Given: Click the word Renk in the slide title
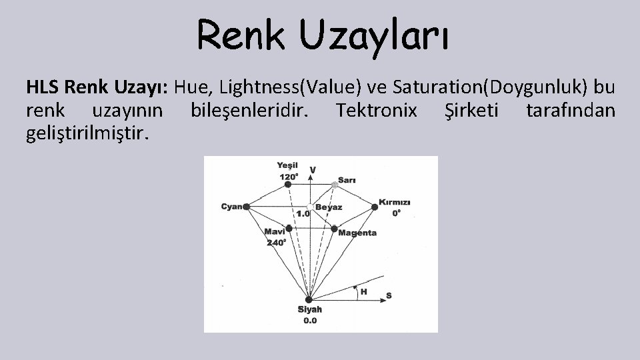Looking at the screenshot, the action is [241, 34].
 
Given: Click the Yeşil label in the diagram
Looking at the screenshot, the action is [289, 166].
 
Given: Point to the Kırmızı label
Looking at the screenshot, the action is [395, 202].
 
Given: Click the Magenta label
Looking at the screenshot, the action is [357, 233].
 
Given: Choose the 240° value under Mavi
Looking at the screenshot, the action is [276, 243].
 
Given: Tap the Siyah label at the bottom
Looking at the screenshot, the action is [310, 310].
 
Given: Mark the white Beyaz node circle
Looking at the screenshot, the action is [311, 207].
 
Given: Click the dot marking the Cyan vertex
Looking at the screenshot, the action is [247, 207].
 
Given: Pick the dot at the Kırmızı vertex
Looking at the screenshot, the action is [375, 207].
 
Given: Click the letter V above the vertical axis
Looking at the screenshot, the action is [313, 170].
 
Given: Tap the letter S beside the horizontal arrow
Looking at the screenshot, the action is [389, 295].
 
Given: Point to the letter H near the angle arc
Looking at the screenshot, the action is [363, 291].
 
